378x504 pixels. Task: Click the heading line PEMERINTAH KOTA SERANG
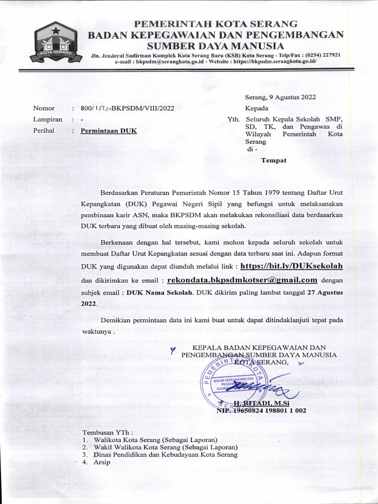pyautogui.click(x=217, y=24)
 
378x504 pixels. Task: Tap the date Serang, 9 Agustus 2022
pyautogui.click(x=281, y=97)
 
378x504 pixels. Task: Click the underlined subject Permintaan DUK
pyautogui.click(x=109, y=131)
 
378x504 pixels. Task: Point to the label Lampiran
pyautogui.click(x=48, y=120)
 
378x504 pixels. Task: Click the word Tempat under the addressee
pyautogui.click(x=273, y=160)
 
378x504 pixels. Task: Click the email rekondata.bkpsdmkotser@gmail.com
pyautogui.click(x=242, y=280)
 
